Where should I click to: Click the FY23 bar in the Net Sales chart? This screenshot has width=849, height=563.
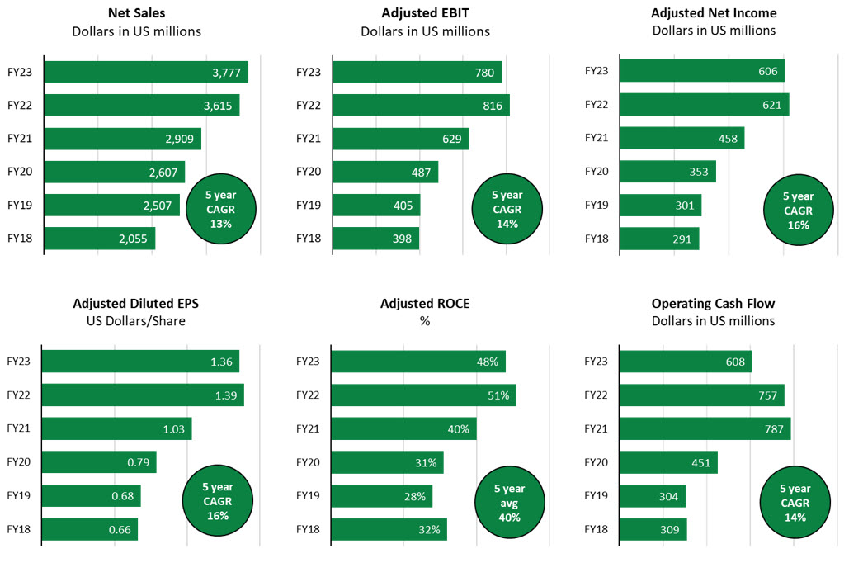click(x=145, y=72)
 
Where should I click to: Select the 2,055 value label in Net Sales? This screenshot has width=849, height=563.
click(x=133, y=239)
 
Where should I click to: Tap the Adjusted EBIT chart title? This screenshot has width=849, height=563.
click(x=425, y=13)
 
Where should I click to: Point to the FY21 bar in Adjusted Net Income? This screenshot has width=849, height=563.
click(x=682, y=138)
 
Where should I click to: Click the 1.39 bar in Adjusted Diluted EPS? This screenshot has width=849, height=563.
click(x=143, y=395)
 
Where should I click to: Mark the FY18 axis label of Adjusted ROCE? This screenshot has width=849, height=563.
click(x=308, y=529)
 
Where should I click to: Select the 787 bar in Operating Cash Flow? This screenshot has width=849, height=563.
click(x=705, y=428)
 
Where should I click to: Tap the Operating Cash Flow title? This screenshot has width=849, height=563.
click(x=713, y=303)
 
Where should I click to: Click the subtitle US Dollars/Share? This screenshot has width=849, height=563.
click(x=136, y=320)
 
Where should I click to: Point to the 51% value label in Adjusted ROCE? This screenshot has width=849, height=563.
click(x=498, y=395)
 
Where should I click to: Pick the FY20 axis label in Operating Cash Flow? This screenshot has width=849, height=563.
click(x=596, y=462)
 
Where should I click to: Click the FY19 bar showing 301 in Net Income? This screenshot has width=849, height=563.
click(x=660, y=205)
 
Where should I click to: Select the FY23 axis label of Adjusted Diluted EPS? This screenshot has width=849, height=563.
click(x=18, y=362)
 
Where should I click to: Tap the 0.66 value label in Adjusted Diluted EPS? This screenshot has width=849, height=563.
click(x=119, y=529)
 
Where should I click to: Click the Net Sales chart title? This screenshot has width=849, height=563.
click(x=135, y=13)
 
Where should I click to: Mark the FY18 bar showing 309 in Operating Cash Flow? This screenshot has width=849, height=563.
click(x=652, y=529)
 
